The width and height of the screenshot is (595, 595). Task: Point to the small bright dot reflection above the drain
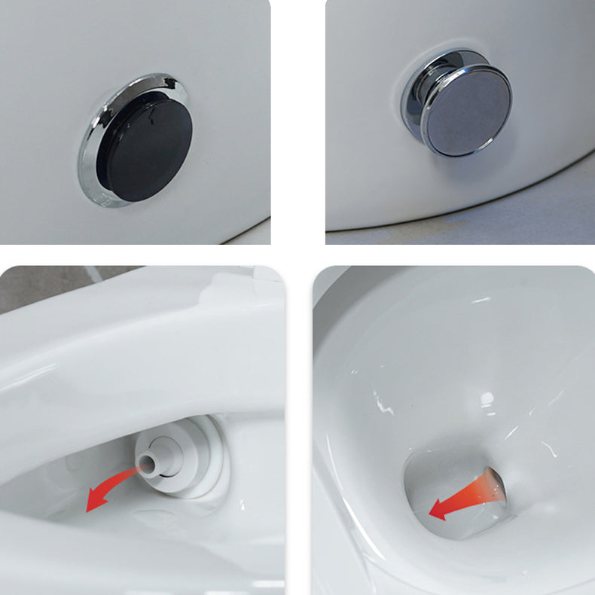487,397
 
